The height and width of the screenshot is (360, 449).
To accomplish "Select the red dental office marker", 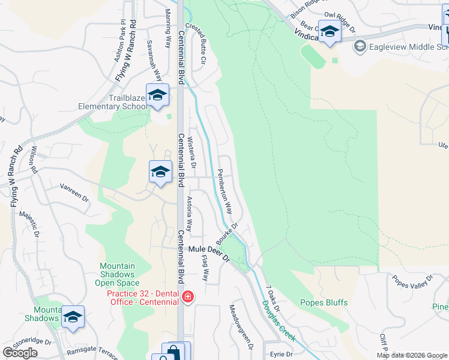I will (x=187, y=297).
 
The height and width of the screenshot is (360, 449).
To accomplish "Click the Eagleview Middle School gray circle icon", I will (x=360, y=46).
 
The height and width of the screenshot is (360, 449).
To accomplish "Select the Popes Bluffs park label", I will (x=324, y=302).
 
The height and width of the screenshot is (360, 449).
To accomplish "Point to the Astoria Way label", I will (x=188, y=214).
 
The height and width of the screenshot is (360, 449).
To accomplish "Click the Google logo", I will (x=20, y=353).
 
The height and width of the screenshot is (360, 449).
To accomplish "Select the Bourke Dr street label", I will (x=228, y=233).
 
